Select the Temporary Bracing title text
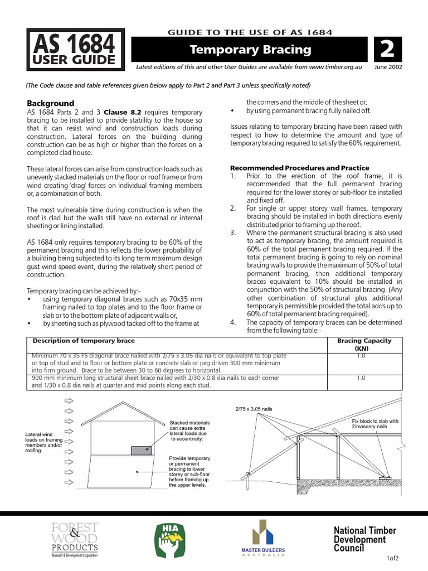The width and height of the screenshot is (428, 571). pos(250,50)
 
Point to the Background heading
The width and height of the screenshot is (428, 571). pos(51,103)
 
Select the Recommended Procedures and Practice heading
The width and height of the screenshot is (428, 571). pos(299,168)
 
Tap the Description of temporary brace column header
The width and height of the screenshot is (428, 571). pos(83,341)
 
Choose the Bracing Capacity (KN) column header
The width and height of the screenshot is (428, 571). pos(364,345)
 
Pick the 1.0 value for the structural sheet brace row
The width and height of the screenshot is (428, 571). pos(361,378)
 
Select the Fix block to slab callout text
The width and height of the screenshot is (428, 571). pos(375,424)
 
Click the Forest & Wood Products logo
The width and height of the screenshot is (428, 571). pos(75,539)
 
